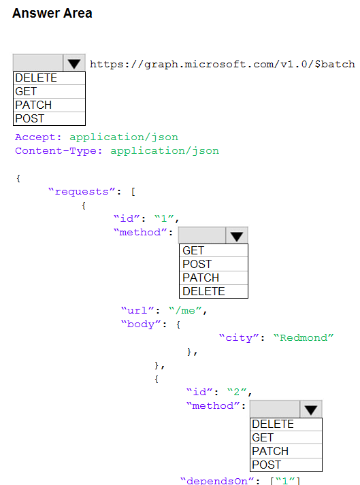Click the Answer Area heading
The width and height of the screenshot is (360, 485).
(52, 14)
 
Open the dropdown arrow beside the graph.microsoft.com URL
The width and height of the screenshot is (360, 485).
(74, 63)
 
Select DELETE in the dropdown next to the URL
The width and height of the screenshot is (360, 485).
(49, 78)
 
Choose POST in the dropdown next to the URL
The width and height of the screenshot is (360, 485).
(49, 119)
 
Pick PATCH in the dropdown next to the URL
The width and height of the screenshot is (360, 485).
(49, 105)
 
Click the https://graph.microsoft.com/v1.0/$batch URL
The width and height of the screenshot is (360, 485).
(223, 65)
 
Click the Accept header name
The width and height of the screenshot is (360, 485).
(38, 137)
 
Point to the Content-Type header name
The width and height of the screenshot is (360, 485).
(59, 150)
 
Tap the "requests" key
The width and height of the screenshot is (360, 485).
(82, 192)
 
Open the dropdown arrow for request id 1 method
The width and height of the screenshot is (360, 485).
(237, 235)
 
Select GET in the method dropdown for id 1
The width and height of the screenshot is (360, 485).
(214, 250)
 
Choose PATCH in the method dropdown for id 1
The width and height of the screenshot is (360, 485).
(214, 278)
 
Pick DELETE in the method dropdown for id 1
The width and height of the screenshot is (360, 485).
(214, 291)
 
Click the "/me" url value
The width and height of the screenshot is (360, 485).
(185, 310)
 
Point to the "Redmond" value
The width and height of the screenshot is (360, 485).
(304, 337)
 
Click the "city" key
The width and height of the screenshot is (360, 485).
(239, 337)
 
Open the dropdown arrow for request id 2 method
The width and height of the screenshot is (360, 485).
(311, 409)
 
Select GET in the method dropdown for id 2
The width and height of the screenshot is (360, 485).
(286, 437)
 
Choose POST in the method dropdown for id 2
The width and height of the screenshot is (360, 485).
(286, 465)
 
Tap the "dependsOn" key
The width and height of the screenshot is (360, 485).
(217, 480)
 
